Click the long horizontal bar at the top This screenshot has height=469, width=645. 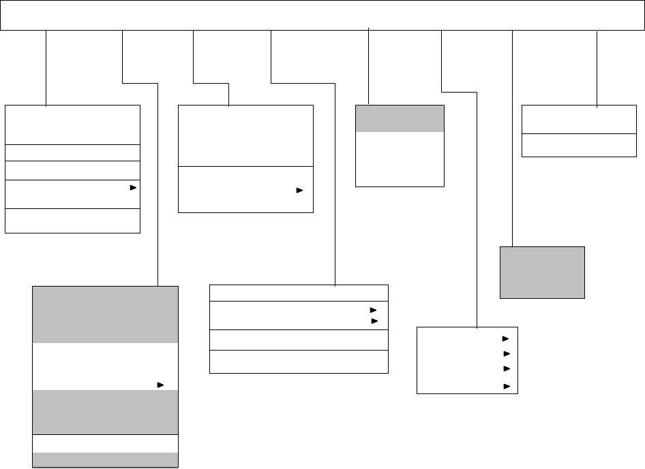pos(322,16)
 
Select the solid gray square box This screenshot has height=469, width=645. pos(542,272)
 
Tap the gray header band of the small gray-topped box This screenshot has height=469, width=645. pos(400,118)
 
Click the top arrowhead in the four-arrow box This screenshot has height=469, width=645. pos(505,338)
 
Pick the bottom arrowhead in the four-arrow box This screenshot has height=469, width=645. pos(505,387)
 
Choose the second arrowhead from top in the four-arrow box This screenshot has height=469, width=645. pos(505,354)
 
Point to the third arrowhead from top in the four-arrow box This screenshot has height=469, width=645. pos(505,369)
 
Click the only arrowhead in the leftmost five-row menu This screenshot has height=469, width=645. pos(134,186)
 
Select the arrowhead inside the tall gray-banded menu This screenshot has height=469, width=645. pos(160,385)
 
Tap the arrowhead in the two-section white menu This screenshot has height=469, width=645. pos(299,192)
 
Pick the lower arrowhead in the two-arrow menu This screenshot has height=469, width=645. pos(374,320)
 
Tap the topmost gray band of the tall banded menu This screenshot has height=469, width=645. pos(105,314)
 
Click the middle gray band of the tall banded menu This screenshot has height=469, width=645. pos(105,412)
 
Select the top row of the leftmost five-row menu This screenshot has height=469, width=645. pos(72,124)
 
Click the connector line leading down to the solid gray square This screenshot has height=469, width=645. pos(511,136)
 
